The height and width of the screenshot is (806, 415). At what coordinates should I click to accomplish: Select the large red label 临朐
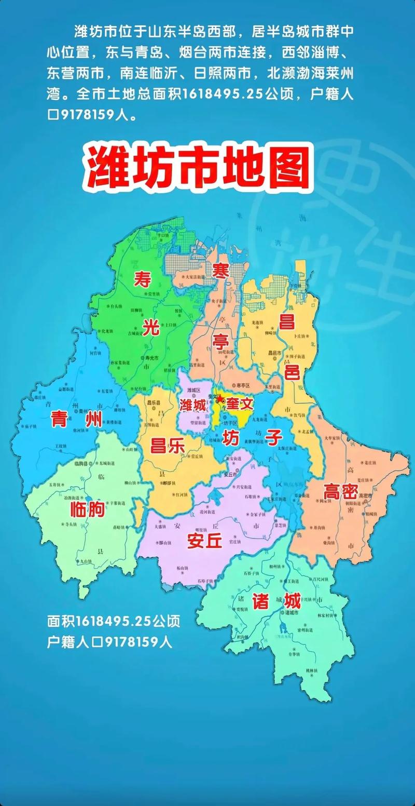pyautogui.click(x=87, y=510)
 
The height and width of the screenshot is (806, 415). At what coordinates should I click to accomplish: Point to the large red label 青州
pyautogui.click(x=76, y=419)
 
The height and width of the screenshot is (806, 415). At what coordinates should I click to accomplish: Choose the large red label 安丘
pyautogui.click(x=205, y=541)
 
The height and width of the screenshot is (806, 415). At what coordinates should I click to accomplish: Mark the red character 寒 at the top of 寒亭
pyautogui.click(x=220, y=271)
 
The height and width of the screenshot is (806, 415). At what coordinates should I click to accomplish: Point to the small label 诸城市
pyautogui.click(x=292, y=613)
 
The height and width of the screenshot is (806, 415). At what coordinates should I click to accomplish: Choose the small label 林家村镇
pyautogui.click(x=328, y=615)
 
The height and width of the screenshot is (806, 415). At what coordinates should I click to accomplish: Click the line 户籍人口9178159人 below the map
pyautogui.click(x=109, y=642)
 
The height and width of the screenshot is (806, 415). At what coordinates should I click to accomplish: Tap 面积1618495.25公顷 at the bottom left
pyautogui.click(x=114, y=621)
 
